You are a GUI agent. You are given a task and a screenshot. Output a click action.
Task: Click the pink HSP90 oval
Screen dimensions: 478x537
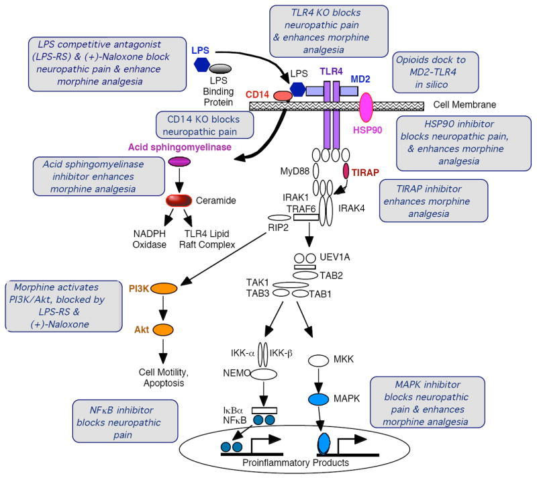(367, 108)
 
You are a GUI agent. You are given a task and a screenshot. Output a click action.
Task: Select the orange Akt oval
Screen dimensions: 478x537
(162, 330)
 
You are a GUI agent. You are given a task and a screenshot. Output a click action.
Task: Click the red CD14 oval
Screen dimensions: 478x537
(283, 95)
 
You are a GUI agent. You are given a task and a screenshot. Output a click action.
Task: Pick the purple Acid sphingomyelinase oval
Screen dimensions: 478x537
(179, 161)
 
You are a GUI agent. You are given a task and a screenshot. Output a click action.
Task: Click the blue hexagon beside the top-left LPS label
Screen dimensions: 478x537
(201, 64)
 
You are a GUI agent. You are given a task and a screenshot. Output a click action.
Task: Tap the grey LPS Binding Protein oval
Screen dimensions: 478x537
(219, 69)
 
